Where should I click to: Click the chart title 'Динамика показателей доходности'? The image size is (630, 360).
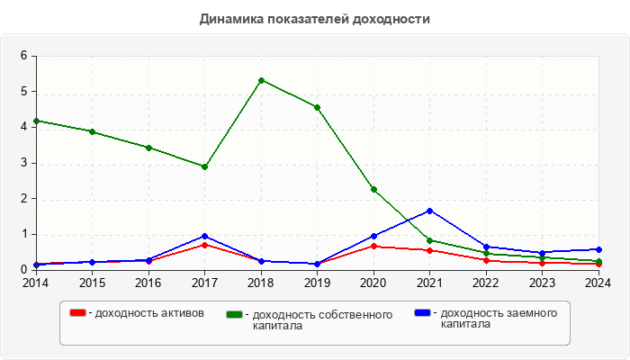[315, 18]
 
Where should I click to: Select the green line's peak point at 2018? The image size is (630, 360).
[261, 80]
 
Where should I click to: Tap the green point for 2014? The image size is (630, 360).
[36, 121]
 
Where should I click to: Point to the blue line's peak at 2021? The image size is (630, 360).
[429, 211]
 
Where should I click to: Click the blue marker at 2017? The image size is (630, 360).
[204, 236]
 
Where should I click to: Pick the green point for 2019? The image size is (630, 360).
[317, 107]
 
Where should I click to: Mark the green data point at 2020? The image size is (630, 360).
[373, 190]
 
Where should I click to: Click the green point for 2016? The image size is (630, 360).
[148, 148]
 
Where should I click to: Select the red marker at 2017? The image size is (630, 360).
[204, 245]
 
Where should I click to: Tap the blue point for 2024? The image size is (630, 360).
[598, 249]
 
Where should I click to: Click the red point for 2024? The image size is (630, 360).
[598, 264]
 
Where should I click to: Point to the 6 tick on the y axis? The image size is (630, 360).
[24, 56]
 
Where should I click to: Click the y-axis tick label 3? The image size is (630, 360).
[24, 163]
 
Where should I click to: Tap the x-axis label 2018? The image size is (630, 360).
[261, 283]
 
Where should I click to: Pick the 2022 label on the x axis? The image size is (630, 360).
[486, 283]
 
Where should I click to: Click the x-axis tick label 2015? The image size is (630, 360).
[92, 283]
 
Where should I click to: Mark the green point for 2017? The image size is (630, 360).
[204, 166]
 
